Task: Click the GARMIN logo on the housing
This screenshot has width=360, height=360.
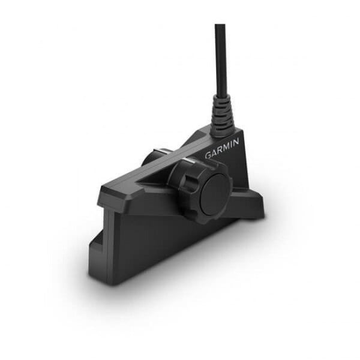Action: point(222,149)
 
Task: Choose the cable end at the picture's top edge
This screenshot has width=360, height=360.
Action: point(220,26)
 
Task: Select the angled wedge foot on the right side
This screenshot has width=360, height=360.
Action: point(252,204)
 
